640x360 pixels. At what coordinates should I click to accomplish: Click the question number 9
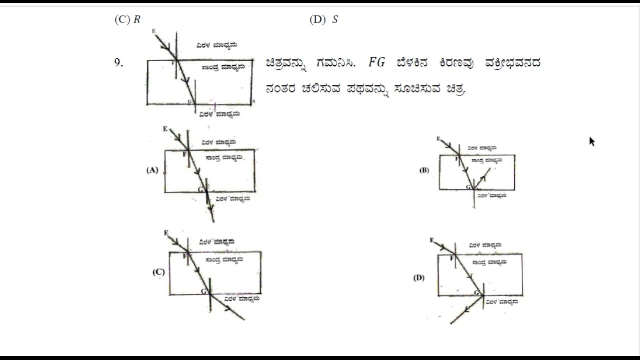coord(118,63)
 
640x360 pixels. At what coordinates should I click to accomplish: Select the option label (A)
coord(152,170)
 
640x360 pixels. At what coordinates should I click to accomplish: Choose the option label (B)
coord(424,170)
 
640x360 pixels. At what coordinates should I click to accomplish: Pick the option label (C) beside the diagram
coord(158,272)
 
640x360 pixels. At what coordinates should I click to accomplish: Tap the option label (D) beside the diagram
coord(419,278)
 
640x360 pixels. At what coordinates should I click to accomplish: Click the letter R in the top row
coord(137,20)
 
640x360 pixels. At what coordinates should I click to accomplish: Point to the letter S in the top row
coord(335,20)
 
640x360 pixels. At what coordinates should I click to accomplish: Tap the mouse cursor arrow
coord(592,141)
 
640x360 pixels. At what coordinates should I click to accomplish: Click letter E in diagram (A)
coord(165,129)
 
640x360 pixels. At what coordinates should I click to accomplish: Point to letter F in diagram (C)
coord(185,256)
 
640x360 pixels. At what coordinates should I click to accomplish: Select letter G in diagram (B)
coord(468,187)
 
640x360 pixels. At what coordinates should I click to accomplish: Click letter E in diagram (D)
coord(432,240)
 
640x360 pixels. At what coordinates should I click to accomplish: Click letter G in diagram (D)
coord(477,292)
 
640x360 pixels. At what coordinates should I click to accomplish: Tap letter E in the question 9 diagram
coord(154,31)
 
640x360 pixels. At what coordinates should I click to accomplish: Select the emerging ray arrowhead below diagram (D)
coord(466,310)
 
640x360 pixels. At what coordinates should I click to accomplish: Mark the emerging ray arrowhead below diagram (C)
coord(228,308)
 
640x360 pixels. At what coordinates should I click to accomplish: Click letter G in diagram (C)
coord(203,291)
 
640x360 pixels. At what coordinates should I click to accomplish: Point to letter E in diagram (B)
coord(438,138)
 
